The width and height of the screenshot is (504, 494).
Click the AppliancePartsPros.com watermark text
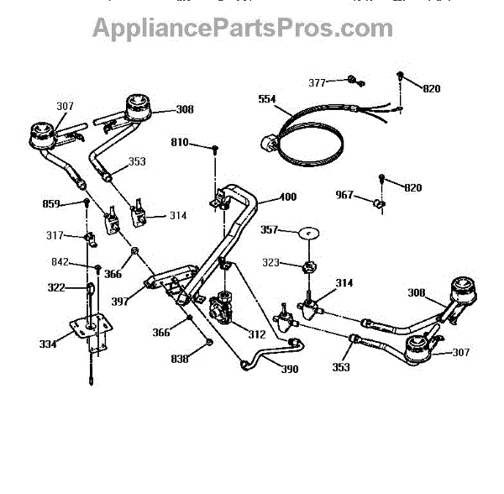pyautogui.click(x=242, y=28)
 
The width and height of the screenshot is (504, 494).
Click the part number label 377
pyautogui.click(x=317, y=82)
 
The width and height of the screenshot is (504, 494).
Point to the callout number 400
pyautogui.click(x=288, y=197)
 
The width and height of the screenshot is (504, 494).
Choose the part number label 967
pyautogui.click(x=345, y=194)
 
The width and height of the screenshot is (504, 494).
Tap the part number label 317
pyautogui.click(x=55, y=235)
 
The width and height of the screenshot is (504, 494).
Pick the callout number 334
pyautogui.click(x=50, y=344)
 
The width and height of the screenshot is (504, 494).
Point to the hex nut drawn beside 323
pyautogui.click(x=309, y=266)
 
